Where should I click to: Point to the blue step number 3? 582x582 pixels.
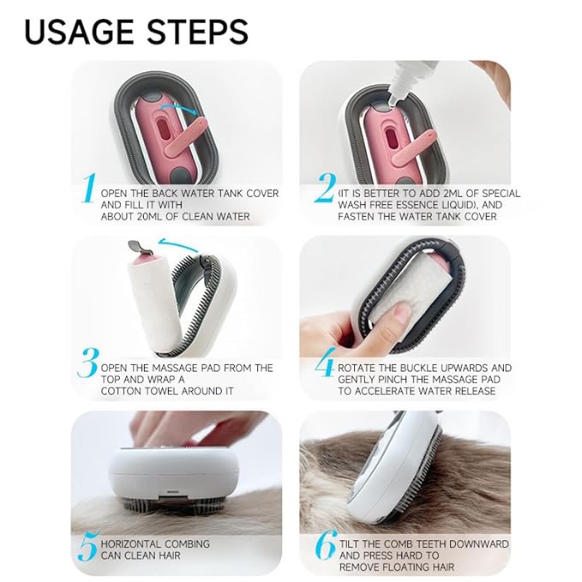click(x=87, y=364)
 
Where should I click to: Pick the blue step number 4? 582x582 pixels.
click(x=324, y=366)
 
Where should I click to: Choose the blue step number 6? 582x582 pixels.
click(x=324, y=546)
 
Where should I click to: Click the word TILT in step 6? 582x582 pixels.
click(x=353, y=543)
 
